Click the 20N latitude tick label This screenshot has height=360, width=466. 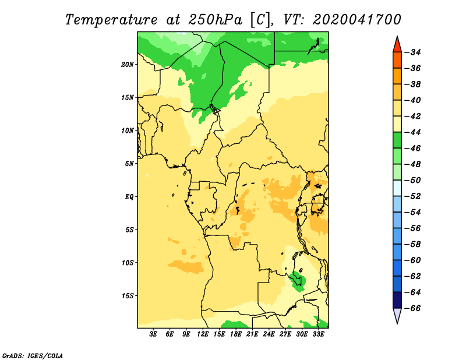pos(128,65)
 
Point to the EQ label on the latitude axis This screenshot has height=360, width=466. pos(129,197)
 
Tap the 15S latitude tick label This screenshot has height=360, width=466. pos(128,296)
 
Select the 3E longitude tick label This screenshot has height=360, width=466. pos(153,334)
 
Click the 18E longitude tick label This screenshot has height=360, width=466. pos(236,334)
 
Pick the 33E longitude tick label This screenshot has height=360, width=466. pos(318,334)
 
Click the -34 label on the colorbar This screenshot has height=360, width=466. pos(413,52)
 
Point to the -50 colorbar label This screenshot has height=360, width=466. pos(413,181)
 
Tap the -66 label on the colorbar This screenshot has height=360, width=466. pos(413,308)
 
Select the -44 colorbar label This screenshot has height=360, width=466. pos(413,132)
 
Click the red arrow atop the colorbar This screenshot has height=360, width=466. pos(397,45)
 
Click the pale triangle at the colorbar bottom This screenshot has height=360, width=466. pos(397,316)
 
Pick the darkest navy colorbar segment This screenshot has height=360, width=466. pos(397,300)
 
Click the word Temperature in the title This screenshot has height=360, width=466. pos(111,20)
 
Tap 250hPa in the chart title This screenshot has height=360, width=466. pos(215,20)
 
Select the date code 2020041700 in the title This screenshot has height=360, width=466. pos(356,20)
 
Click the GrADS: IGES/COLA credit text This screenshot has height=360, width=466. pos(33,356)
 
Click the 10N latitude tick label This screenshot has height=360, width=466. pos(128,130)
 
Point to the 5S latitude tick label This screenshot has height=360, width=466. pos(129,230)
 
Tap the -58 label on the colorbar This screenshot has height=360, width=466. pos(413,244)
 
